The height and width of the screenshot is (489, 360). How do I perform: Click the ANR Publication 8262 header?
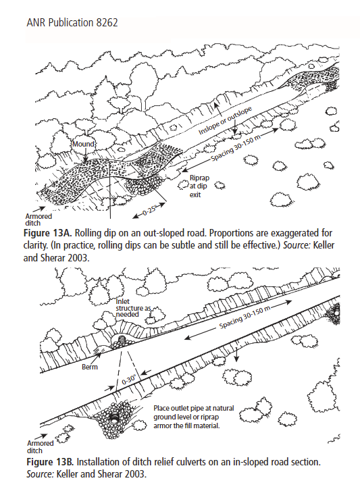coord(72,23)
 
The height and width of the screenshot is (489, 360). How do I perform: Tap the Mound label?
coord(83,144)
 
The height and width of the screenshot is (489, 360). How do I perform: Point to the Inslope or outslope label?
coord(225,121)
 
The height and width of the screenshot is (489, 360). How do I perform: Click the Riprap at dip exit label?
coord(199,186)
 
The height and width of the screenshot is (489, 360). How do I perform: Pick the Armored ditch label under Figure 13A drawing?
coord(38,220)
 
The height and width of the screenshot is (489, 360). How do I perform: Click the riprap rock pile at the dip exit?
coord(144,185)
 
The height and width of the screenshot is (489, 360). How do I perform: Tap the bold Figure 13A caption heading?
coord(48,233)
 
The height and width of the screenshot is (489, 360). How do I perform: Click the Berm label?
coord(90,367)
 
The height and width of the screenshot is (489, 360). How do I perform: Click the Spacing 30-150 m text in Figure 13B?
coord(245,317)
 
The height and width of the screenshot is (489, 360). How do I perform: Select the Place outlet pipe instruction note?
coord(193,417)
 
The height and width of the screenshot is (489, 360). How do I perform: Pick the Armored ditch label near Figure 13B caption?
coord(41,447)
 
